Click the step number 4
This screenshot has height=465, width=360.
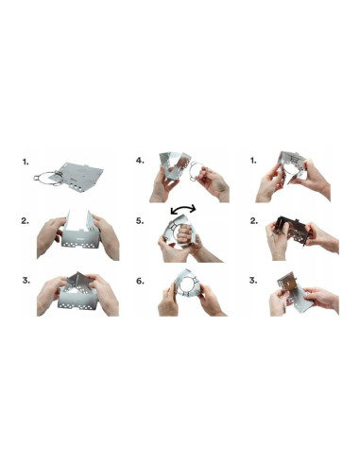coord(140,160)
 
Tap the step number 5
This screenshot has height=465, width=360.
coord(140,220)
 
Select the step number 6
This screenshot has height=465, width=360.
coord(140,280)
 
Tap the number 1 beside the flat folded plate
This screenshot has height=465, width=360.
coord(25,161)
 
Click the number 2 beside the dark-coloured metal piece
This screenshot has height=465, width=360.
coord(253,220)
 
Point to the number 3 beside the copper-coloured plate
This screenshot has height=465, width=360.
coord(253,280)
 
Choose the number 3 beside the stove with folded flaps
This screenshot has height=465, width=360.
coord(25,280)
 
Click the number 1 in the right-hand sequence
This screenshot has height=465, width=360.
coord(253,160)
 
